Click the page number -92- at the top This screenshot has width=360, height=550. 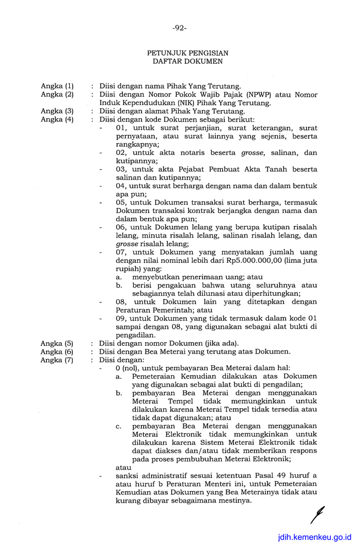tap(179, 28)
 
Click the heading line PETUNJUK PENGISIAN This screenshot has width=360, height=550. tap(188, 53)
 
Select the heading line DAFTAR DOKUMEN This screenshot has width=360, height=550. tap(188, 61)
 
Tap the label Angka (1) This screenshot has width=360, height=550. tap(57, 86)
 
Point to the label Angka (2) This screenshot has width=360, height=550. tap(57, 95)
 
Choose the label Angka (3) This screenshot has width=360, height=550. tap(57, 111)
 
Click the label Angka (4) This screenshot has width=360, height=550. tap(57, 119)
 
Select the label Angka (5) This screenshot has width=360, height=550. tap(57, 343)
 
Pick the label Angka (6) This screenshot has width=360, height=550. tap(57, 351)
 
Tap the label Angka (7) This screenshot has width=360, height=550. tap(57, 360)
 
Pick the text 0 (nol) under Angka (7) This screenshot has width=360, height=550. tap(128, 368)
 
